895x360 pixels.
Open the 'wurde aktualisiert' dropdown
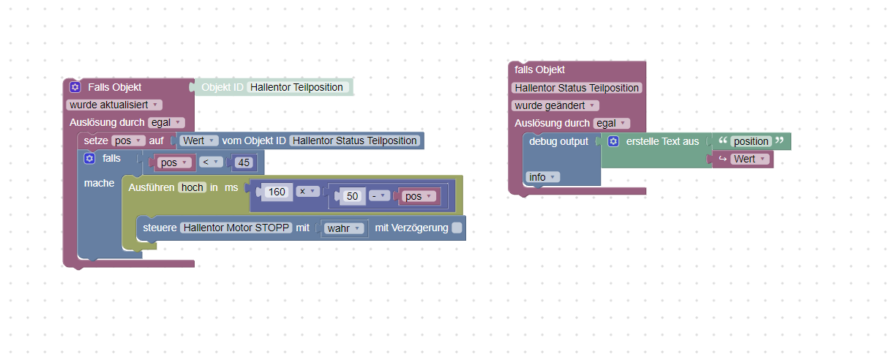pos(113,105)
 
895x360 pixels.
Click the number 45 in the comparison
pos(242,162)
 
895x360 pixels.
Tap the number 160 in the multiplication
pos(277,192)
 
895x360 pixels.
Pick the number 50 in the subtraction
pos(353,196)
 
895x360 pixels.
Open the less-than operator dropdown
pos(210,162)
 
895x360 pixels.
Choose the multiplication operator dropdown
pos(308,192)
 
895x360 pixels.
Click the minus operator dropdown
pos(378,196)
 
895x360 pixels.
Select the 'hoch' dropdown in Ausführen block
pos(192,187)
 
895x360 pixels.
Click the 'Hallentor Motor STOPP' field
pos(236,228)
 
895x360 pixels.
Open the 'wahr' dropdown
pos(344,228)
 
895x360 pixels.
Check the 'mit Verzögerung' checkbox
pos(457,228)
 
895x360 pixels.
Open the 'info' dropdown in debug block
pos(542,176)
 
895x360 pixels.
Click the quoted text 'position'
pos(751,141)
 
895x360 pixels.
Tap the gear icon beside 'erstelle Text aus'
pos(613,141)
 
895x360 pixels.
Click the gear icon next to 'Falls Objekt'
pos(75,87)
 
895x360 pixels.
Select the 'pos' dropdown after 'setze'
pos(129,140)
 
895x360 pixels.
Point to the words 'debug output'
pos(558,141)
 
